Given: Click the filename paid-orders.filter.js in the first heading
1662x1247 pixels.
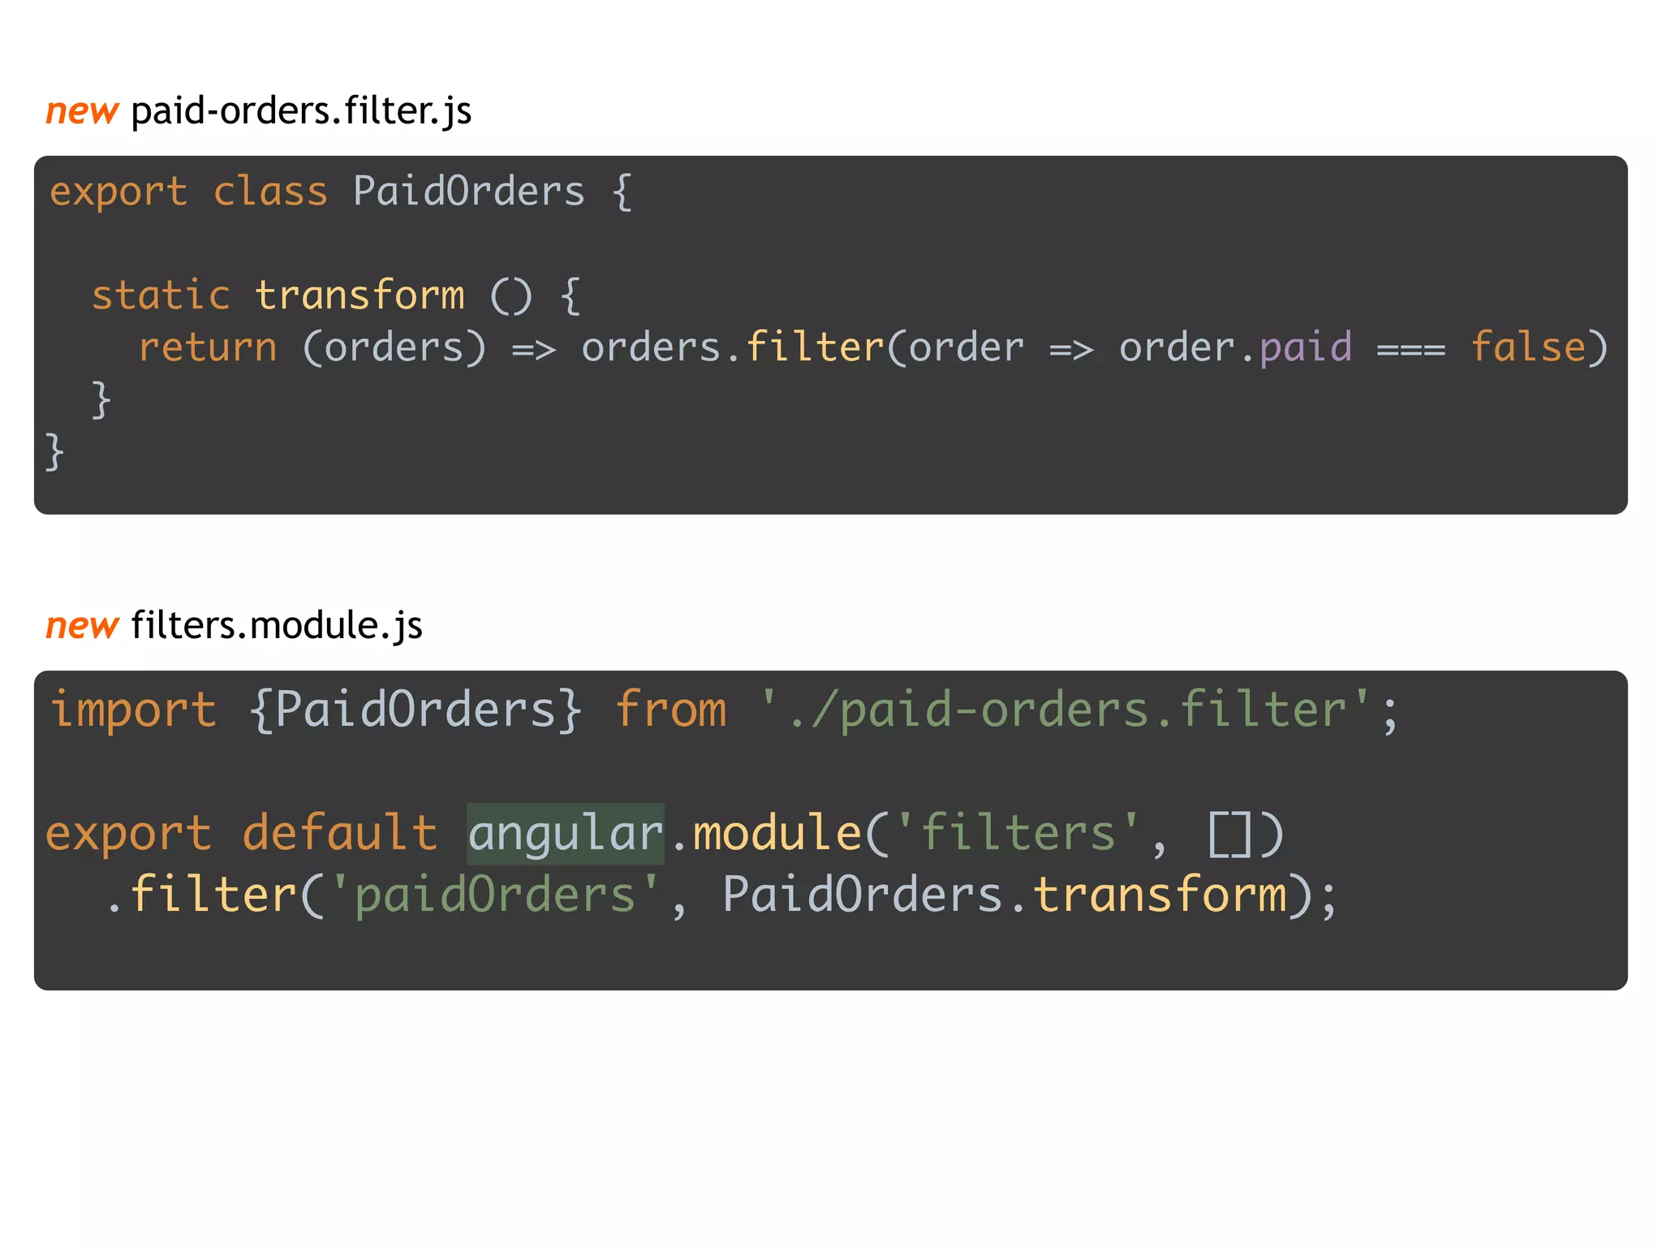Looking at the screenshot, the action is (x=300, y=111).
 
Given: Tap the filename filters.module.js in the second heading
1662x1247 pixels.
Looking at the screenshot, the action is (x=276, y=626).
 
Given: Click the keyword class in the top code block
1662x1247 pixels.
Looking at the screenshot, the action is (x=270, y=192).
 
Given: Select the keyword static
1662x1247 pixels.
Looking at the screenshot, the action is (x=161, y=296).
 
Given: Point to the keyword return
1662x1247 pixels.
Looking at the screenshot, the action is (x=208, y=348).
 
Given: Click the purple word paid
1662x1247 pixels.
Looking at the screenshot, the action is (x=1306, y=348).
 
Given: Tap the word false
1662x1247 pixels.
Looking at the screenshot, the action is (x=1528, y=348).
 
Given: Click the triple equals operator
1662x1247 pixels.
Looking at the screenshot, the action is (x=1411, y=350).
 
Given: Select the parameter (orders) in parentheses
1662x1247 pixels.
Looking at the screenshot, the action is (x=394, y=348).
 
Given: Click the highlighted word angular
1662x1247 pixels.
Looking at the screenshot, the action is (x=566, y=834).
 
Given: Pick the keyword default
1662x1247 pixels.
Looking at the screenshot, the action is (x=340, y=834).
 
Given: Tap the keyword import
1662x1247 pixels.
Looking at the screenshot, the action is (x=134, y=710).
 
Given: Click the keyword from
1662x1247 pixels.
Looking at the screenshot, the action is (x=670, y=710).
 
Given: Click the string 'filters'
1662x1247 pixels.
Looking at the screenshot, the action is (x=1018, y=834).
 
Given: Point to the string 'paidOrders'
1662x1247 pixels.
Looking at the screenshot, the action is (x=495, y=895).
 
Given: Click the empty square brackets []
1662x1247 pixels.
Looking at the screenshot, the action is (x=1230, y=834).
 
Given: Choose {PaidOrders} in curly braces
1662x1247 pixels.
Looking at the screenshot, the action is (x=415, y=710).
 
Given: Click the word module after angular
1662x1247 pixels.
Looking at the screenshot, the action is (x=777, y=834).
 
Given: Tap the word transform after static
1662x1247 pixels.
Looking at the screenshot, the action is (x=360, y=296).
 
